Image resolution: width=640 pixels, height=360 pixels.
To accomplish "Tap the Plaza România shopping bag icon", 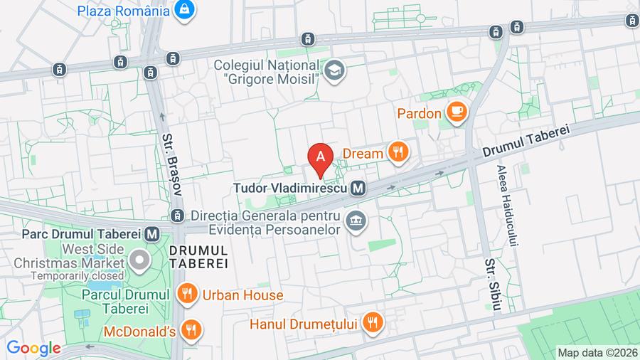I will click(185, 10).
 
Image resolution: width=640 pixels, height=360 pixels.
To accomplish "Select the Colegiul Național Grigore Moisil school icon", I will click(334, 70).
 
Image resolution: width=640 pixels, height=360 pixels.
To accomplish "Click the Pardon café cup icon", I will click(454, 112).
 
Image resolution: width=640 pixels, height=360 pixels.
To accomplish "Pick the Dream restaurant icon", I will click(397, 152).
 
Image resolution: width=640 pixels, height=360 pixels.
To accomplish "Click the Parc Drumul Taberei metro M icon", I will click(151, 233).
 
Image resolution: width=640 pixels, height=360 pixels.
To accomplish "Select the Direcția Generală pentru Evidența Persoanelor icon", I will click(355, 223).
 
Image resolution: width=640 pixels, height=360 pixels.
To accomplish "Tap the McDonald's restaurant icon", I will click(191, 329).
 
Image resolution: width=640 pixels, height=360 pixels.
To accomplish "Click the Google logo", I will click(33, 349).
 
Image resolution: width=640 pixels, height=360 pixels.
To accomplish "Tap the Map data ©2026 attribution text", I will click(596, 352).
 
